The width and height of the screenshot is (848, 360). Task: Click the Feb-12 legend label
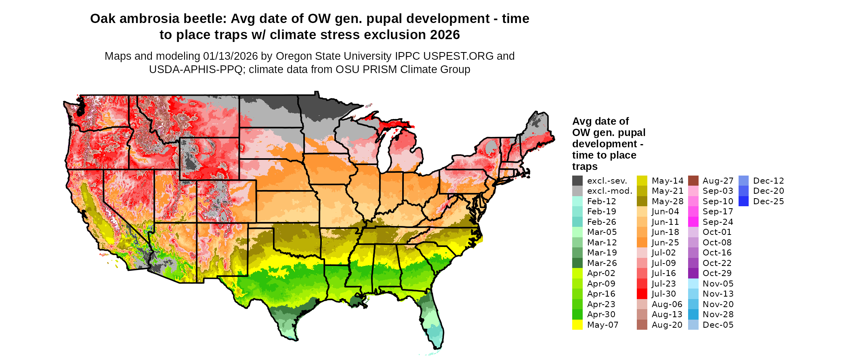pyautogui.click(x=601, y=201)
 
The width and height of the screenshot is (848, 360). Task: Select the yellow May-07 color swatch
pyautogui.click(x=577, y=325)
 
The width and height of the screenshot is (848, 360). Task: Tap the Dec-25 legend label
pyautogui.click(x=768, y=201)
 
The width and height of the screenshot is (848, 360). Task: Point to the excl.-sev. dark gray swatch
pyautogui.click(x=577, y=181)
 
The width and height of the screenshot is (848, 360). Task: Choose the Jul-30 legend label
pyautogui.click(x=663, y=294)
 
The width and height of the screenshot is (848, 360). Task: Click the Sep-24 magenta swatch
pyautogui.click(x=693, y=222)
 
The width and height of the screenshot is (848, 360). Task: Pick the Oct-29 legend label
pyautogui.click(x=717, y=273)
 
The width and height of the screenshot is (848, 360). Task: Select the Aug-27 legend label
pyautogui.click(x=718, y=181)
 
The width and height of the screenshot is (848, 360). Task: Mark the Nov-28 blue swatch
pyautogui.click(x=693, y=314)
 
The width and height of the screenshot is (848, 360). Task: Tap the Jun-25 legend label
pyautogui.click(x=665, y=243)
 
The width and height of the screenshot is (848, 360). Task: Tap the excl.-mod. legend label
pyautogui.click(x=609, y=191)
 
